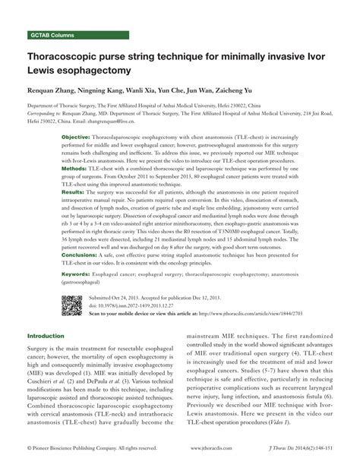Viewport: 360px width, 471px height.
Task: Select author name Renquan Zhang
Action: tap(55, 91)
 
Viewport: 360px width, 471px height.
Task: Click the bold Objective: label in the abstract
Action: tap(75, 137)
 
